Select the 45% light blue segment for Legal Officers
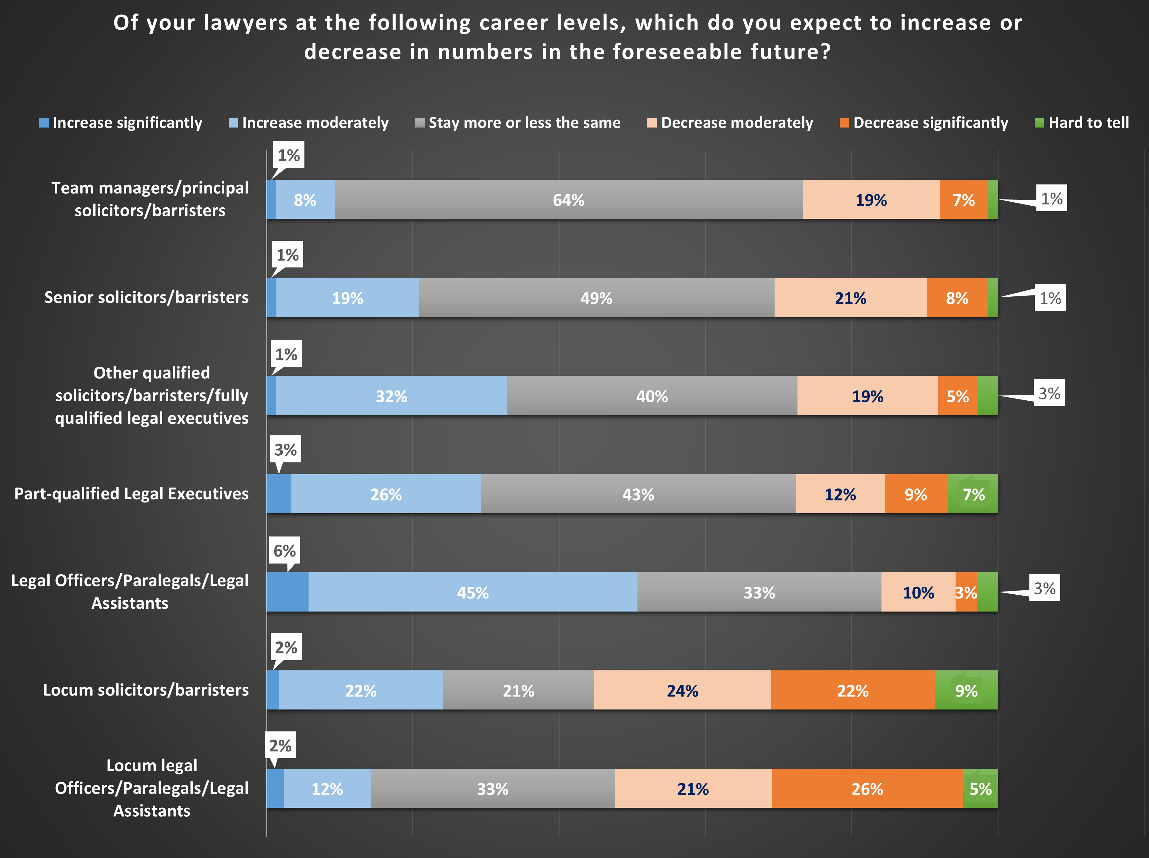click(x=473, y=592)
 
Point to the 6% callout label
click(x=285, y=550)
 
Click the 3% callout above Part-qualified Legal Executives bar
click(x=285, y=449)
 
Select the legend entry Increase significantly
click(x=121, y=122)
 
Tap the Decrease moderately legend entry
click(x=730, y=122)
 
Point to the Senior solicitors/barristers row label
click(x=146, y=297)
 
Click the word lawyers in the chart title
click(x=245, y=23)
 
